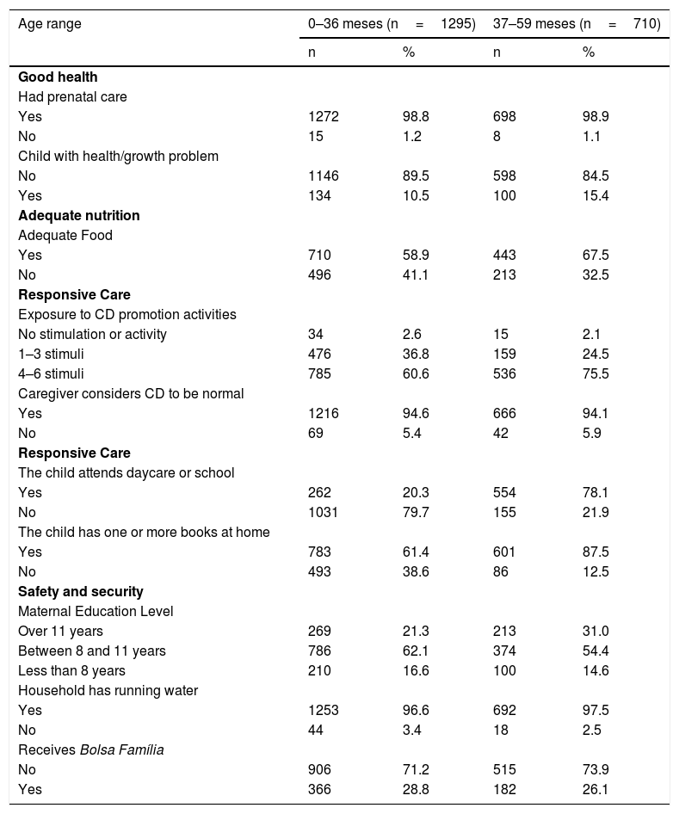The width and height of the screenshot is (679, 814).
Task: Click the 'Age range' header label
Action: pyautogui.click(x=50, y=24)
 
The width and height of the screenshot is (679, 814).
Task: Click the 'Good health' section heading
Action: pyautogui.click(x=58, y=77)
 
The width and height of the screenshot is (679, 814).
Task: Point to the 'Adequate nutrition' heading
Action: pyautogui.click(x=78, y=215)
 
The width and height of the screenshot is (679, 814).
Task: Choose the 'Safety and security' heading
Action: pyautogui.click(x=80, y=591)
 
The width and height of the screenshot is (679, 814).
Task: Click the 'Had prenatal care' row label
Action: pyautogui.click(x=72, y=97)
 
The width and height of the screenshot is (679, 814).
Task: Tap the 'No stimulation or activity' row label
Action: pyautogui.click(x=92, y=334)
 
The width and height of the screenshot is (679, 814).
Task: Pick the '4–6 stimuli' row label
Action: pyautogui.click(x=52, y=373)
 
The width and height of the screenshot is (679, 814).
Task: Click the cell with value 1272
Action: pyautogui.click(x=324, y=117)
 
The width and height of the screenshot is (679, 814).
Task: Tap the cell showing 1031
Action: pyautogui.click(x=324, y=512)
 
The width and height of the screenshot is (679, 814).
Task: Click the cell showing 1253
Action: pyautogui.click(x=324, y=710)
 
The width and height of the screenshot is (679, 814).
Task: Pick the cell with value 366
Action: pyautogui.click(x=320, y=789)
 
